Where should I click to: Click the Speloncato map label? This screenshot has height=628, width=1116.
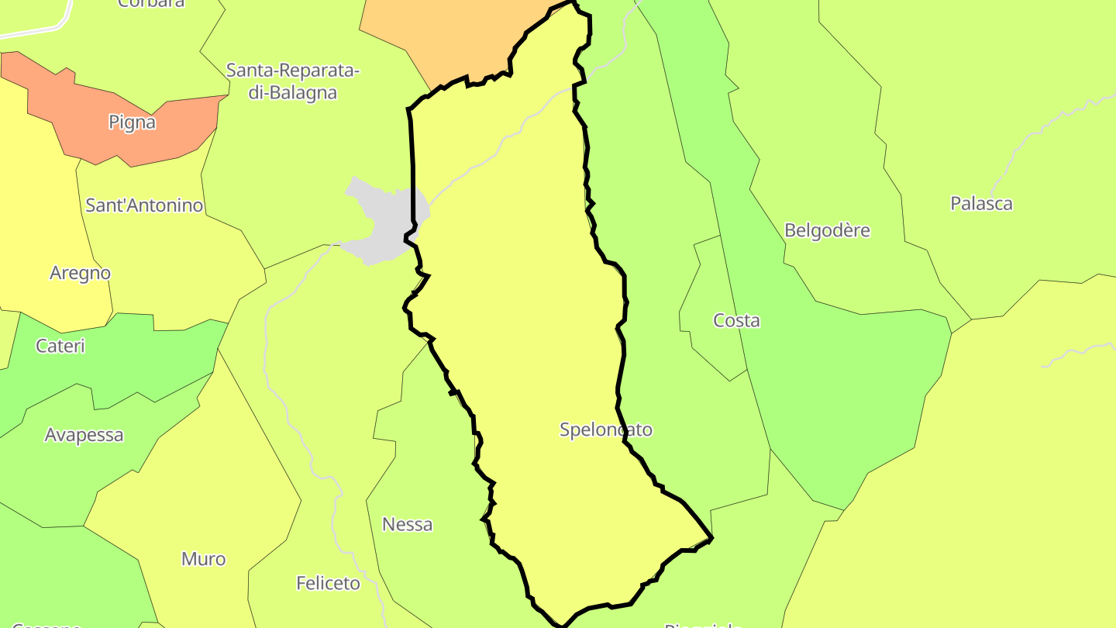tap(606, 430)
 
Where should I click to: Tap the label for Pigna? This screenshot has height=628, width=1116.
tap(132, 122)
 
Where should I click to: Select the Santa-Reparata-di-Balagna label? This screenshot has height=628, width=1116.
tap(293, 81)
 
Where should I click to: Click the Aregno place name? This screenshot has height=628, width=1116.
tap(80, 273)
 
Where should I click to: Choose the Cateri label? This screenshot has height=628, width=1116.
tap(60, 346)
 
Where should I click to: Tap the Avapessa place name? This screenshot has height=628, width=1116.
tap(84, 435)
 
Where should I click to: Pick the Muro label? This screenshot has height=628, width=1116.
tap(203, 559)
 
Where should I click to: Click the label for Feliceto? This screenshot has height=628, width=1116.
tap(328, 583)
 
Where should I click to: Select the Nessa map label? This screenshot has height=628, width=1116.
tap(407, 525)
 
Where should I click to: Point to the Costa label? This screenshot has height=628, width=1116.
tap(736, 320)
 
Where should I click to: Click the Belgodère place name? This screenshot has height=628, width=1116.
tap(827, 230)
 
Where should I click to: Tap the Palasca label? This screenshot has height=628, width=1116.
tap(981, 204)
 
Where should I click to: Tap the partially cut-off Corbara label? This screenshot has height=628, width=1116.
tap(151, 4)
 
